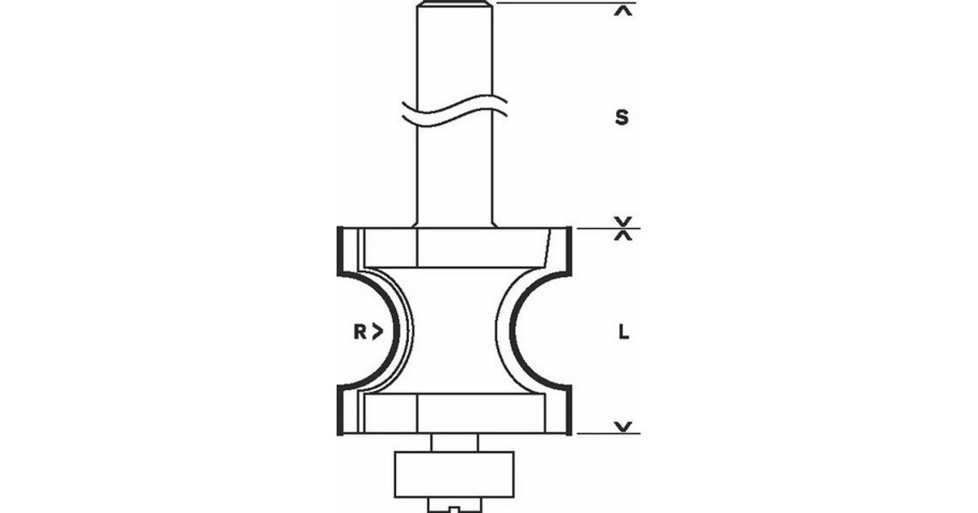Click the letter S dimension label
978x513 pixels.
[622, 117]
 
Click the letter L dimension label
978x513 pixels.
[624, 333]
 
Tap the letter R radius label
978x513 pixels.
[359, 332]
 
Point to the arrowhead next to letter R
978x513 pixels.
[377, 332]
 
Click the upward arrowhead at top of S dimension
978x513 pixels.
[623, 11]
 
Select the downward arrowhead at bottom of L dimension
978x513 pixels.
[623, 426]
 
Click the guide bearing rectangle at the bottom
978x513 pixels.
[454, 475]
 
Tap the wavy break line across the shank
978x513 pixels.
[455, 112]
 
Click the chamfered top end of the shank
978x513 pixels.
[455, 4]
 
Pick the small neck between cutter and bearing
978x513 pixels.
[455, 443]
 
